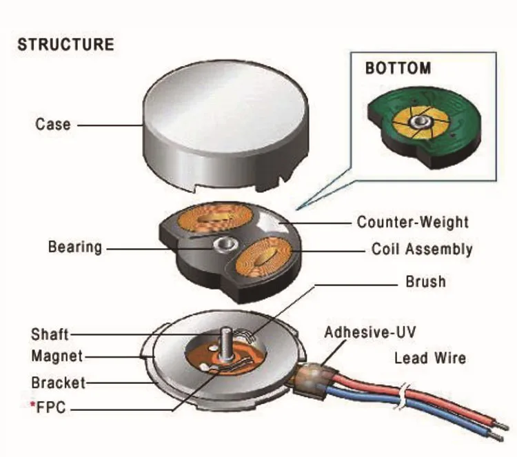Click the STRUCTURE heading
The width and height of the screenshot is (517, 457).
click(x=65, y=45)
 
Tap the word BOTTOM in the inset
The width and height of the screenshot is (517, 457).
click(x=398, y=68)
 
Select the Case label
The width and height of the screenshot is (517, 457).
click(x=53, y=125)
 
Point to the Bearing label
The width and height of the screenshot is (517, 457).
click(x=75, y=246)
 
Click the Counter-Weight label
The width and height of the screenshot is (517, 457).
click(x=412, y=222)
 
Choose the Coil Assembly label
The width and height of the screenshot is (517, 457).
click(x=422, y=249)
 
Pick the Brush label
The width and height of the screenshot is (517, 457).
click(x=425, y=282)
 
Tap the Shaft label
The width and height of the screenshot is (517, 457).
click(x=50, y=334)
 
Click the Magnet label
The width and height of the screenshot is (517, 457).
click(x=57, y=356)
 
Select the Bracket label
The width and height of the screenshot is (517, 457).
click(x=59, y=382)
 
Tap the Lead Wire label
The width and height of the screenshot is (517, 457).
click(x=429, y=358)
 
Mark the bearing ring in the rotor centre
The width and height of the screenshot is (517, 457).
click(x=224, y=243)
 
